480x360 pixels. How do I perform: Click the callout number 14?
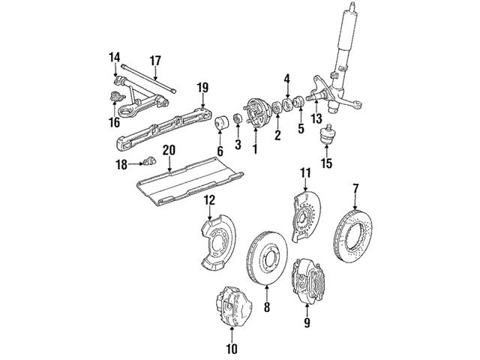click(x=115, y=58)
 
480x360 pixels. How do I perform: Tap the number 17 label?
click(x=155, y=61)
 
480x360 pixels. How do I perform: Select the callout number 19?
click(x=202, y=88)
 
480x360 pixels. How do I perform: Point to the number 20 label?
click(x=169, y=150)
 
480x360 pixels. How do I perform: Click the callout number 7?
click(x=355, y=189)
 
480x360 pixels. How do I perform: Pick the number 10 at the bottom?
click(x=232, y=348)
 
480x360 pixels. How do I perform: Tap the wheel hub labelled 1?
click(x=257, y=113)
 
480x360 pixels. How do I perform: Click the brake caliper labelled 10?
click(x=234, y=307)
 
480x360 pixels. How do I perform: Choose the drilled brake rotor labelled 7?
click(x=353, y=235)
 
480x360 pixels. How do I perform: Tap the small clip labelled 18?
click(x=149, y=160)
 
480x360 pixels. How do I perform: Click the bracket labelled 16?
click(x=117, y=97)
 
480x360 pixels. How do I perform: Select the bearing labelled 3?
click(x=238, y=119)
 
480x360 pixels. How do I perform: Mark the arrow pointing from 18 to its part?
click(x=136, y=164)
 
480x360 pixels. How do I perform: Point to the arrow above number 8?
click(x=266, y=293)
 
